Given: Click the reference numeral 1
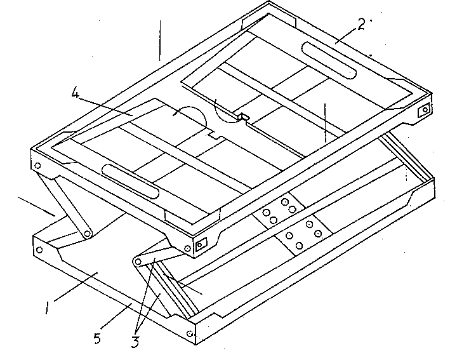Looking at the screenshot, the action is coord(47,307).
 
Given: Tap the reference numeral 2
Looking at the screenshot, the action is coord(361,24).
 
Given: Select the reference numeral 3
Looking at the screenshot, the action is coord(135,342).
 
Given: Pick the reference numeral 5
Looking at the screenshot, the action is coord(97,338).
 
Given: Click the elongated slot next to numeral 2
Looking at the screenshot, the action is coord(329,60).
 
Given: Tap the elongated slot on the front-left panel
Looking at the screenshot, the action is coord(131,181).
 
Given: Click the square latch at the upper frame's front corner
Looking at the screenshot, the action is coord(201,244).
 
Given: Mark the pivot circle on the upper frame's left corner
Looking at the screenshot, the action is coord(37,166).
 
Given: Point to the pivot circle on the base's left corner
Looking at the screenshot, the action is coord(39,250).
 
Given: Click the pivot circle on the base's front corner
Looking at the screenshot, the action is coord(189,333).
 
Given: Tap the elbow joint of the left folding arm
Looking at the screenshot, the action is coord(87,234).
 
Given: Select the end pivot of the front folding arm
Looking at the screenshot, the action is coord(138,261).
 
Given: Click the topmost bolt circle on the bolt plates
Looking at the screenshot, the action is coord(285,202).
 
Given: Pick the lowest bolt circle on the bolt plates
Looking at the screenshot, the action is coord(299,246).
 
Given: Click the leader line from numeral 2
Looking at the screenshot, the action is coord(347,36).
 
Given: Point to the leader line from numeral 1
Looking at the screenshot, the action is coord(76,287).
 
